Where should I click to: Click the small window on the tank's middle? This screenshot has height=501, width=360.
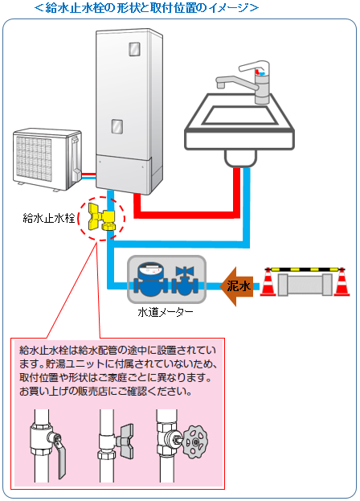[117, 126]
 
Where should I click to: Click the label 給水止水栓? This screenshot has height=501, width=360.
[50, 218]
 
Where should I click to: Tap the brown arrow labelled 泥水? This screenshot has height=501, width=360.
[235, 285]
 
